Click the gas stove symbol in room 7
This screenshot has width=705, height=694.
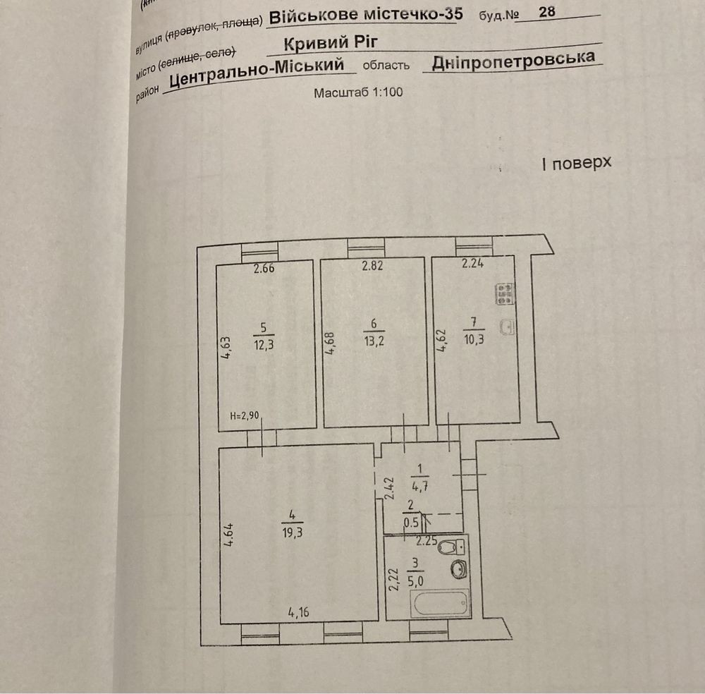pos(505,293)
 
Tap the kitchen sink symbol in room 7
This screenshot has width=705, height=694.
pos(507,327)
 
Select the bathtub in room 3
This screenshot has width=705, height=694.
pos(440,603)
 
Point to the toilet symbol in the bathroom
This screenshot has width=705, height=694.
pos(452,547)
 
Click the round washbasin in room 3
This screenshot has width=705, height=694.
pos(459,571)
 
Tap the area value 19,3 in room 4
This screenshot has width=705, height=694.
pos(293,533)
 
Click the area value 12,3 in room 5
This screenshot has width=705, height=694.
pos(264,345)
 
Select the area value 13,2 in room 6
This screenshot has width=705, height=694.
pos(374,341)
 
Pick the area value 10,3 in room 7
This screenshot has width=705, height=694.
pos(474,339)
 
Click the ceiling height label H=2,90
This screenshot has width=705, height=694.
pos(245,415)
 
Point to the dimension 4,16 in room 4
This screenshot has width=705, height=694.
pos(298,612)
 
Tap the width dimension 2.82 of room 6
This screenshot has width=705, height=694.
pos(373,265)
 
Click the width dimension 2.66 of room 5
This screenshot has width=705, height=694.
pos(264,269)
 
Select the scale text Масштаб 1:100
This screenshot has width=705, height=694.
pos(358,92)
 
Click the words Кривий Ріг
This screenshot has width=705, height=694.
pos(331,43)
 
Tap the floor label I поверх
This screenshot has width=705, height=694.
pos(577,163)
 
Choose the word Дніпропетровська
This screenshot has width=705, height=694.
pos(513,61)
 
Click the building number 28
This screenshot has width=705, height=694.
pos(547,12)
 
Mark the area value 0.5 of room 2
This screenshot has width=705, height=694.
pos(411,523)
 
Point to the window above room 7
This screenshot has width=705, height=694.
pos(474,246)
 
